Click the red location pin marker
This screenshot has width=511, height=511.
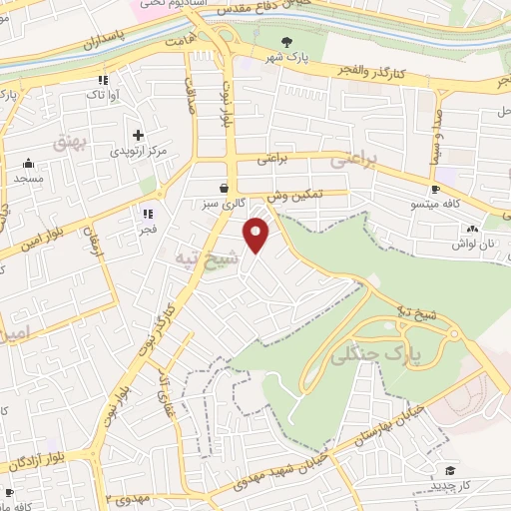[x=257, y=234]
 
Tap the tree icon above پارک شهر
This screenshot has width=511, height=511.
[x=287, y=41]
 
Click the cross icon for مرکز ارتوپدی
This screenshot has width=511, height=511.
[x=138, y=135]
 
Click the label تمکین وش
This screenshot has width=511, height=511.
[x=297, y=197]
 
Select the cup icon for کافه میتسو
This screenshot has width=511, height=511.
[x=435, y=190]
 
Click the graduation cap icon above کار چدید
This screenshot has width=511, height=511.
[x=450, y=471]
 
